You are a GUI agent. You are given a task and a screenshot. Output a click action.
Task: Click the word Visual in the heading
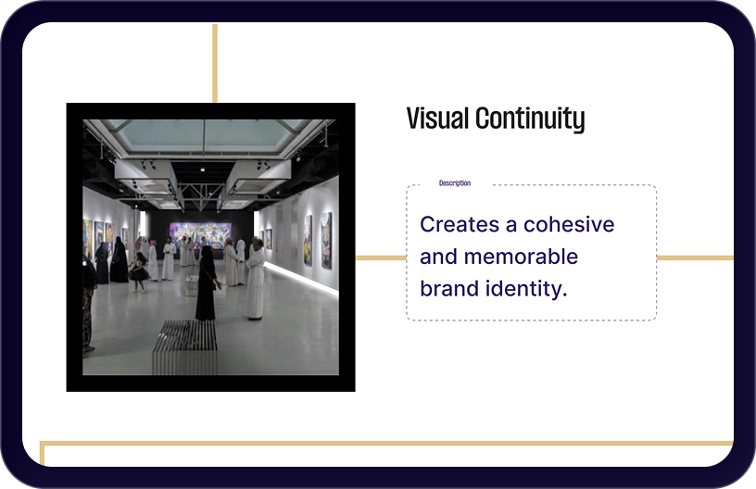pyautogui.click(x=437, y=119)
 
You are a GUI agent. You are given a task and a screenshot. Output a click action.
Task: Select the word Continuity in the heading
pyautogui.click(x=530, y=119)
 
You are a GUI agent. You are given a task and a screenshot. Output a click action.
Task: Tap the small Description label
pyautogui.click(x=455, y=183)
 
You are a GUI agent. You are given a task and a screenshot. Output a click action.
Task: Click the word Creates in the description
pyautogui.click(x=460, y=224)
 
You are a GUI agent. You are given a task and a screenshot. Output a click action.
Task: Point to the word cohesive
pyautogui.click(x=569, y=224)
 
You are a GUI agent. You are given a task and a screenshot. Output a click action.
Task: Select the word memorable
pyautogui.click(x=522, y=257)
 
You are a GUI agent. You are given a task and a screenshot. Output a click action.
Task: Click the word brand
pyautogui.click(x=449, y=289)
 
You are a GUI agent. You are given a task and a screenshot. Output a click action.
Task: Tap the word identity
pyautogui.click(x=526, y=290)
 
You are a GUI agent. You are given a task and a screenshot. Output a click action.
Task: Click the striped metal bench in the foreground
pyautogui.click(x=185, y=347)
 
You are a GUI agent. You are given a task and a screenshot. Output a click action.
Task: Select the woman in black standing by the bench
pyautogui.click(x=207, y=283)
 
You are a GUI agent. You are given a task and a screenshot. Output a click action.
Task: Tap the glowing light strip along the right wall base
pyautogui.click(x=301, y=278)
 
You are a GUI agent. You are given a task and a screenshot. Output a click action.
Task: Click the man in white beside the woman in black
pyautogui.click(x=255, y=280)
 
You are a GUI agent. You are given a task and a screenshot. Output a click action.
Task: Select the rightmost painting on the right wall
pyautogui.click(x=326, y=240)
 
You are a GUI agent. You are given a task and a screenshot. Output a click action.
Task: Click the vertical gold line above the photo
pyautogui.click(x=215, y=63)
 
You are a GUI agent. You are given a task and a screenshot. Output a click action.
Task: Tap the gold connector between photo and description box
pyautogui.click(x=381, y=257)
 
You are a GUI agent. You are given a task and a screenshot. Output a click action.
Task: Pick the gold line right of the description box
pyautogui.click(x=695, y=257)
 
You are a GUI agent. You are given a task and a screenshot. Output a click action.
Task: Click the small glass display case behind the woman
pyautogui.click(x=192, y=285)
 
